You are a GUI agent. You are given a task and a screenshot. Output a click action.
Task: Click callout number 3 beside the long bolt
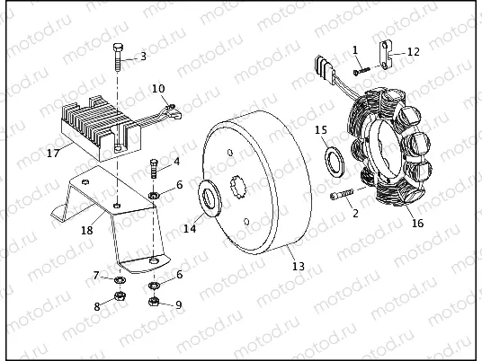142,57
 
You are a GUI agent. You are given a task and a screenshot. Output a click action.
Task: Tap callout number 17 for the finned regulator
53,153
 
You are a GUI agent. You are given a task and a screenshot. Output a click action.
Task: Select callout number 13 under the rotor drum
299,266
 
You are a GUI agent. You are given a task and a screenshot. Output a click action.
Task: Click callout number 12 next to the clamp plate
413,52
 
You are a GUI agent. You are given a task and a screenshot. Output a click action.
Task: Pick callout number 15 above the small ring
321,130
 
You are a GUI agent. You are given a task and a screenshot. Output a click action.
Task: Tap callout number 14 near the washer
190,229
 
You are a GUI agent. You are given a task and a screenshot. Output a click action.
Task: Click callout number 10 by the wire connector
158,88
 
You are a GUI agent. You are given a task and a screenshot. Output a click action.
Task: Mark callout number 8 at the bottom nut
97,305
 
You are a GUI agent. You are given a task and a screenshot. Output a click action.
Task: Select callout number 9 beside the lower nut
178,304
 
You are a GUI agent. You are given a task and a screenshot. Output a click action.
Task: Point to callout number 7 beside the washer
96,274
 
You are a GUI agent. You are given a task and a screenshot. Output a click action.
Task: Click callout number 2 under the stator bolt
355,213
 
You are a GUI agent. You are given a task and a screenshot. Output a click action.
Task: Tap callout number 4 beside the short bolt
176,162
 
